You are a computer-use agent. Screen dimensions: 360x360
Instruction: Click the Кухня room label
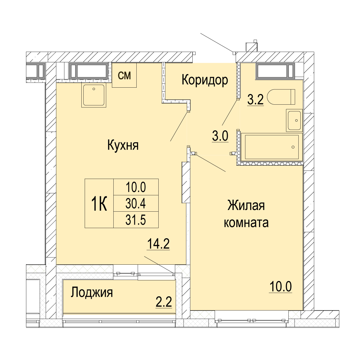point(123,145)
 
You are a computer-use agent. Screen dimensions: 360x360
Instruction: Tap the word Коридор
point(205,80)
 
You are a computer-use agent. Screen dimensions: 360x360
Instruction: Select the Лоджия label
point(92,293)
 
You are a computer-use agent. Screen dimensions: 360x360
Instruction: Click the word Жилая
point(246,205)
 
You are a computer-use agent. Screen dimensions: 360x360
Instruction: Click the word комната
point(246,222)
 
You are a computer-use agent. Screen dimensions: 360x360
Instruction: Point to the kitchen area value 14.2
point(158,244)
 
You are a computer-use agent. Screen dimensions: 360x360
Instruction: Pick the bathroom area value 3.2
point(256,99)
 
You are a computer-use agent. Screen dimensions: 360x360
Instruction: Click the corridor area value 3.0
point(220,136)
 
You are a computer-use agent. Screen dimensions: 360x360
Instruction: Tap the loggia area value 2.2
point(164,302)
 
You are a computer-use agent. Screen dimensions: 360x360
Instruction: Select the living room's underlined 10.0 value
point(281,287)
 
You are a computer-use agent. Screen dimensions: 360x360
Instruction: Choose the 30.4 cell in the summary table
point(136,203)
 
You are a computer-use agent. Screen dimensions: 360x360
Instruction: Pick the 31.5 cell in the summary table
point(136,220)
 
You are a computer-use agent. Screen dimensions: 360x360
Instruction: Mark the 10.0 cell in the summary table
point(136,187)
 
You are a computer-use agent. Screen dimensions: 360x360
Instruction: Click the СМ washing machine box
point(124,75)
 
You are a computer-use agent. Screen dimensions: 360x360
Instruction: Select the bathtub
point(272,147)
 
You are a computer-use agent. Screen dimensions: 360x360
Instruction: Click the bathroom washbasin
point(294,121)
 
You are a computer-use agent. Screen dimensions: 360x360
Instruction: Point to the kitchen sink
point(94,96)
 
